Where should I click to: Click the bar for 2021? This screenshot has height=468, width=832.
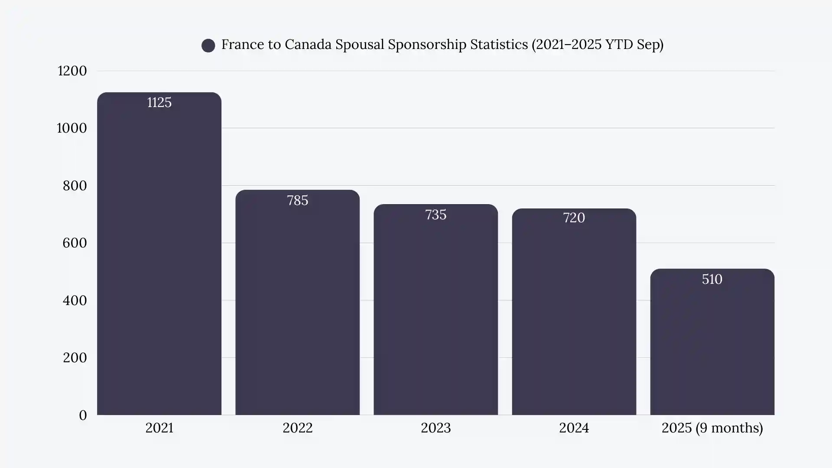pyautogui.click(x=159, y=260)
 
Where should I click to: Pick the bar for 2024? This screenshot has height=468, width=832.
pyautogui.click(x=574, y=316)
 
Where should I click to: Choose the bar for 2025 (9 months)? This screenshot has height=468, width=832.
pyautogui.click(x=712, y=347)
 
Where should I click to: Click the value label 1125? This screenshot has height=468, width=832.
pyautogui.click(x=159, y=103)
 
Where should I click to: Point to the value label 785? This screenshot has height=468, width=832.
pyautogui.click(x=297, y=201)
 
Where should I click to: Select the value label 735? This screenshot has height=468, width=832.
pyautogui.click(x=435, y=215)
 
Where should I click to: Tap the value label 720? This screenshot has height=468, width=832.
pyautogui.click(x=574, y=218)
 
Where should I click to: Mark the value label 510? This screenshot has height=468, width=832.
pyautogui.click(x=712, y=279)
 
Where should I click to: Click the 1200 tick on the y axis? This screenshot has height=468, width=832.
pyautogui.click(x=72, y=71)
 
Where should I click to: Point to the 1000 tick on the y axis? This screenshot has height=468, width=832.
pyautogui.click(x=72, y=128)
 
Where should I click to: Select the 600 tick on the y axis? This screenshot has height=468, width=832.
pyautogui.click(x=75, y=243)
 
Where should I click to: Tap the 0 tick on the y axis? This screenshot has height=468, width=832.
pyautogui.click(x=83, y=416)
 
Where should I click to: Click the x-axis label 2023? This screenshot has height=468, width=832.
pyautogui.click(x=435, y=428)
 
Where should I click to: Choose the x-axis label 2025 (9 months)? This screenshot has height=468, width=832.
pyautogui.click(x=712, y=428)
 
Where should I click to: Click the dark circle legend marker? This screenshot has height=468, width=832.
pyautogui.click(x=208, y=45)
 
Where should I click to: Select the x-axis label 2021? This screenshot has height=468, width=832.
pyautogui.click(x=159, y=428)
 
